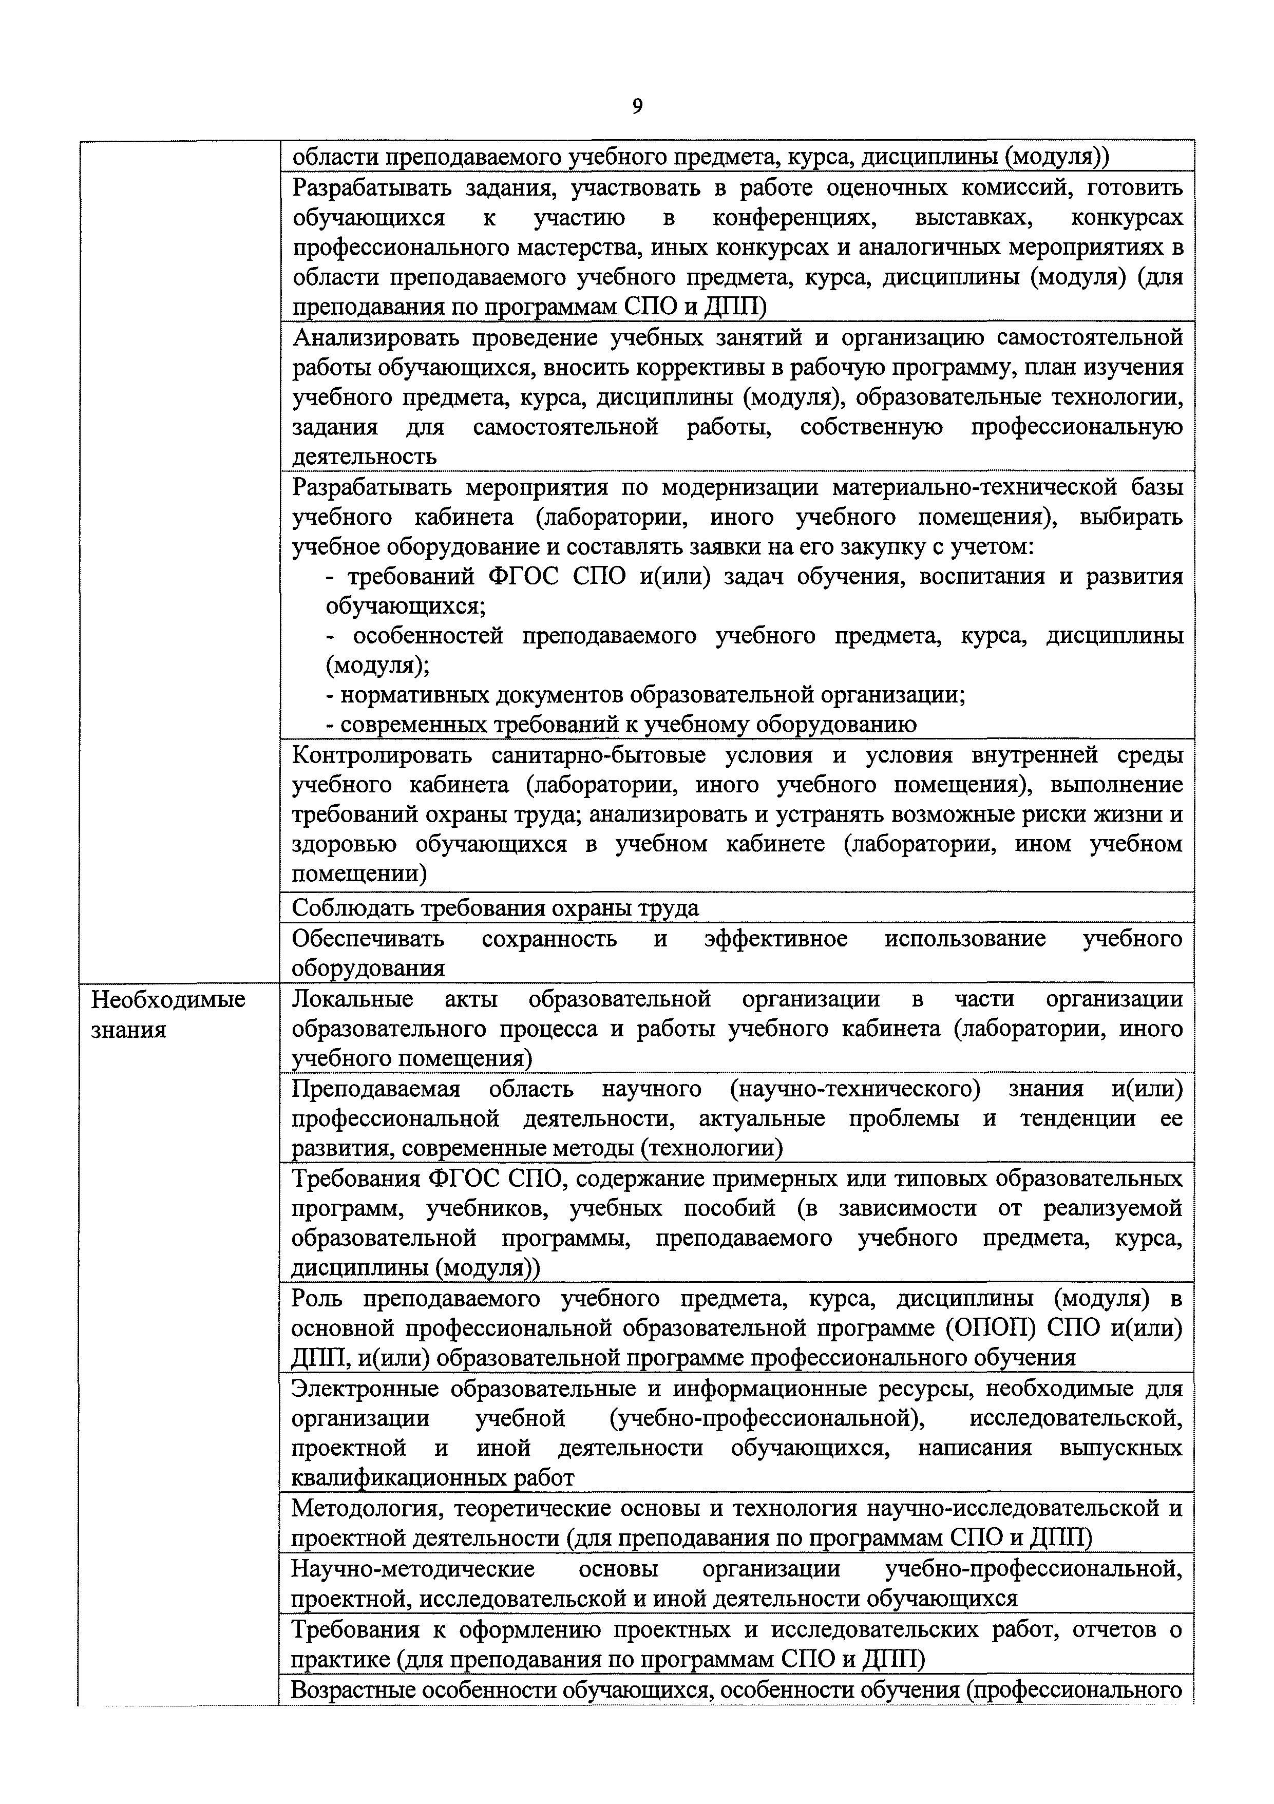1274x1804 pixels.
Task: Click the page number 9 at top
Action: (637, 106)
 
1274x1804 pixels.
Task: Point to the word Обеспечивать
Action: (368, 939)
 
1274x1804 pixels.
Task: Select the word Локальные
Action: (352, 999)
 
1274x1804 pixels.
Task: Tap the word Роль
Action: (316, 1299)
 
